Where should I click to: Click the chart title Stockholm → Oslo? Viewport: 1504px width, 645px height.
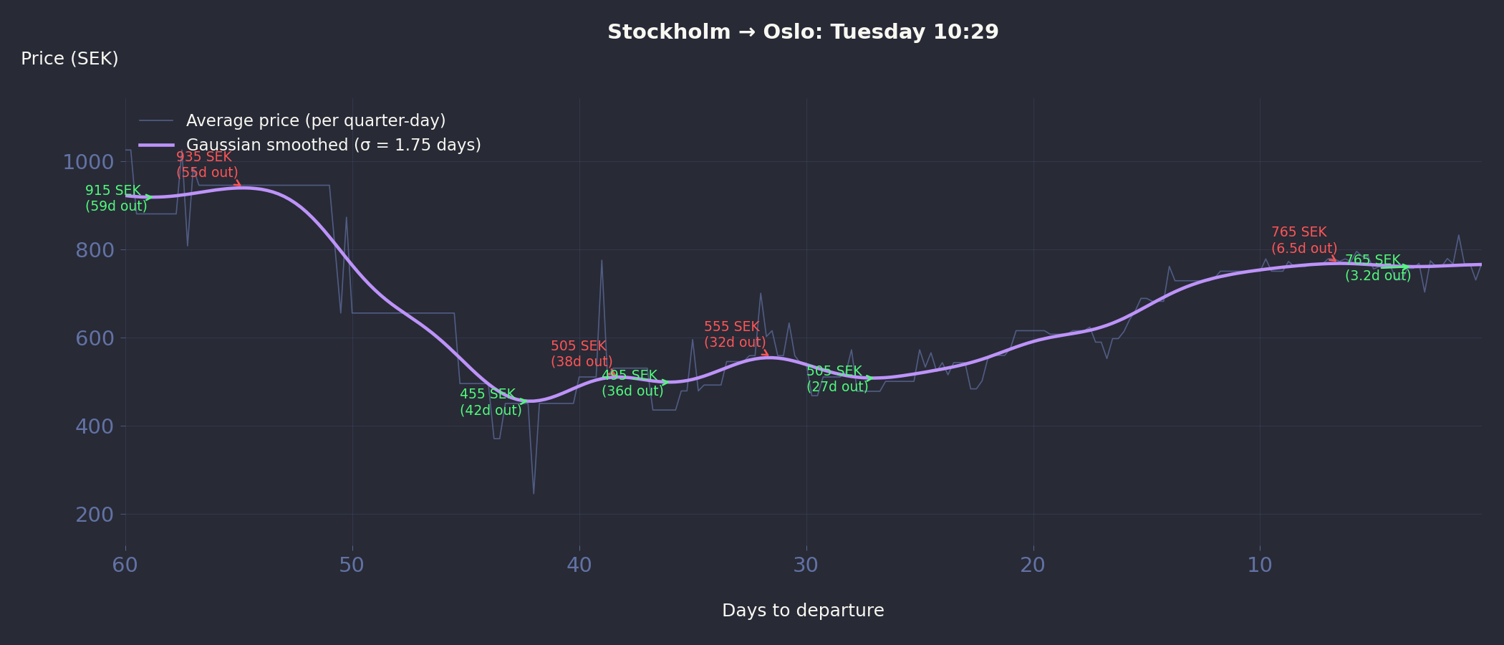coord(803,32)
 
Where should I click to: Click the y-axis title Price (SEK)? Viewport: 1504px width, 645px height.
coord(69,59)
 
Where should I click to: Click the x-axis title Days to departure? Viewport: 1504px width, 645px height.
coord(803,611)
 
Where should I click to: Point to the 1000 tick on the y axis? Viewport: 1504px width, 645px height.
coord(88,162)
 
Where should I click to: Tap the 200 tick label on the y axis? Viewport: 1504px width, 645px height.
coord(95,515)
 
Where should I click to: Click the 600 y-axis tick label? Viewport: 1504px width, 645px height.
coord(95,338)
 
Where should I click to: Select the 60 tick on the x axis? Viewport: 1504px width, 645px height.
coord(125,565)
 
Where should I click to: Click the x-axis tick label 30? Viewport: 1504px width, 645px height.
coord(806,565)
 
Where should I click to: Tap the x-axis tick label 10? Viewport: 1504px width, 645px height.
coord(1260,565)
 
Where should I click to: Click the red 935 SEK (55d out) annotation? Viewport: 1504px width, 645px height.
coord(207,165)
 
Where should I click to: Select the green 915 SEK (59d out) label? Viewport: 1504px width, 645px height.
coord(116,199)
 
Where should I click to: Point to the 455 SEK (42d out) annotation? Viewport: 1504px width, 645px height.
coord(491,402)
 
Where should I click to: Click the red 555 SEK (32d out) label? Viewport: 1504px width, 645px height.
coord(735,335)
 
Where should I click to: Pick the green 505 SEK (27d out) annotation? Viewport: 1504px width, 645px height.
coord(837,379)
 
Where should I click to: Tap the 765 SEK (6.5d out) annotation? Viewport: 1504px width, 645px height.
coord(1304,240)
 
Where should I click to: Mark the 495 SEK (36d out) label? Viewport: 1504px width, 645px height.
coord(632,383)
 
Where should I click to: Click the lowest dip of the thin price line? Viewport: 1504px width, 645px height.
coord(534,493)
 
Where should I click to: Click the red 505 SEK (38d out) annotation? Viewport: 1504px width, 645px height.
coord(582,354)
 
